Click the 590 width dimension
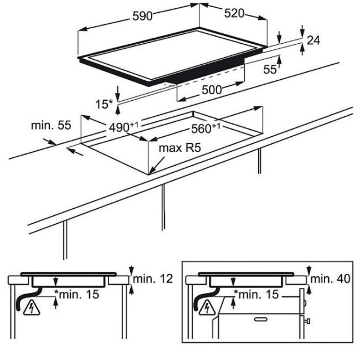click(142, 16)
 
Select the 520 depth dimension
click(234, 13)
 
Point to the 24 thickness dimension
click(313, 40)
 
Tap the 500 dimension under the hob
click(212, 90)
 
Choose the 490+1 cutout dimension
click(124, 127)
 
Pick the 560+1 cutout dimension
click(205, 128)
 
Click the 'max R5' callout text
click(180, 148)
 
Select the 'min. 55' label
click(51, 125)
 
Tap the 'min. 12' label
click(153, 279)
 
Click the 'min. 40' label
click(331, 279)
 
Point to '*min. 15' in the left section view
click(76, 294)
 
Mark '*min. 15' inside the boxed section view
click(256, 294)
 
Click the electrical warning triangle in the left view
click(32, 307)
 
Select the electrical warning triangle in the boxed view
click(207, 307)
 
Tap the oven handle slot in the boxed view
click(261, 319)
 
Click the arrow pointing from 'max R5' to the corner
click(157, 165)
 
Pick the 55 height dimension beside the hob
click(270, 69)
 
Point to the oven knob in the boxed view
click(307, 321)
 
